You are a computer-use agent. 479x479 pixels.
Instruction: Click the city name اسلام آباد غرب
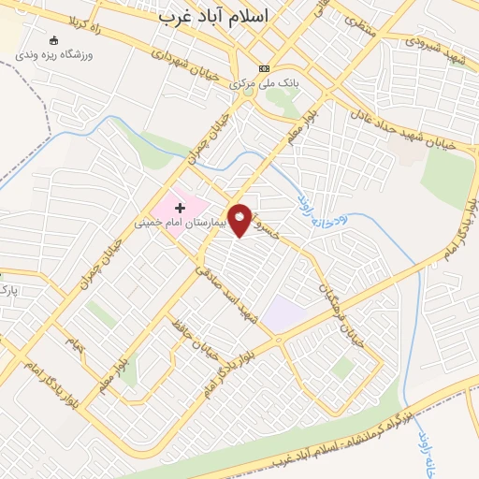(x=212, y=16)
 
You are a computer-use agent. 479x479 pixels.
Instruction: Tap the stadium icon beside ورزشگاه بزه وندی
(x=51, y=40)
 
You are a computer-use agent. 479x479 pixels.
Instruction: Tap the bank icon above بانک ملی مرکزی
(x=263, y=68)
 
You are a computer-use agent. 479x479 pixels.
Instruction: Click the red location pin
(x=241, y=221)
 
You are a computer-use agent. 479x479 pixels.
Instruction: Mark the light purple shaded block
(x=283, y=312)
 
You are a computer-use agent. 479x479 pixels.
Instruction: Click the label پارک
(x=9, y=291)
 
